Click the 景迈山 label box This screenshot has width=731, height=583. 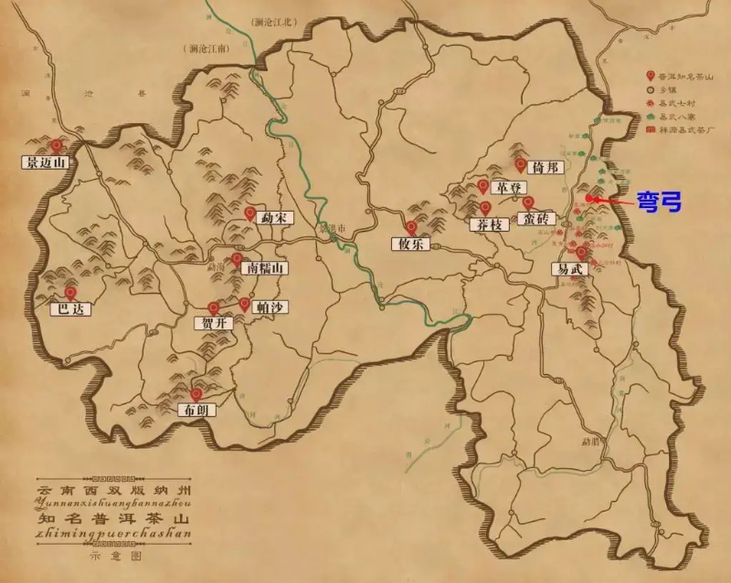click(x=46, y=163)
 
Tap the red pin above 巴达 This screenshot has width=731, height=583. click(x=70, y=293)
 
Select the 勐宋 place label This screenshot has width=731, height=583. click(x=271, y=219)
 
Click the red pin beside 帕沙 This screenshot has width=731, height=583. click(x=244, y=303)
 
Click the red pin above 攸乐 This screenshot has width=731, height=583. click(x=411, y=228)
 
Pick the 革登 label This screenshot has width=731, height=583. click(x=505, y=188)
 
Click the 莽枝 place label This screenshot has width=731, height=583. click(x=484, y=224)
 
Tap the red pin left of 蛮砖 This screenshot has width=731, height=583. click(x=528, y=203)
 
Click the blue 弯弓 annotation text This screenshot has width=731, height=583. click(x=658, y=202)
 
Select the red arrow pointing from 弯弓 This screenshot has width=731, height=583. click(x=612, y=200)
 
